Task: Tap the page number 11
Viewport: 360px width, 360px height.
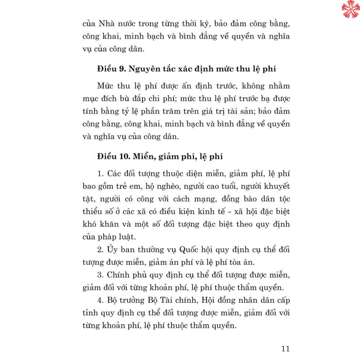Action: tap(285, 348)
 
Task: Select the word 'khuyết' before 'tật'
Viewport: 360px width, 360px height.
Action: tap(276, 186)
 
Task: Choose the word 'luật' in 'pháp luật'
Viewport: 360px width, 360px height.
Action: tap(134, 237)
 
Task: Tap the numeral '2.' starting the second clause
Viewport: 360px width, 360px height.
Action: tap(101, 249)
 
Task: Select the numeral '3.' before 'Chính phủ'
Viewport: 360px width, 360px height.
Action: tap(101, 275)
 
